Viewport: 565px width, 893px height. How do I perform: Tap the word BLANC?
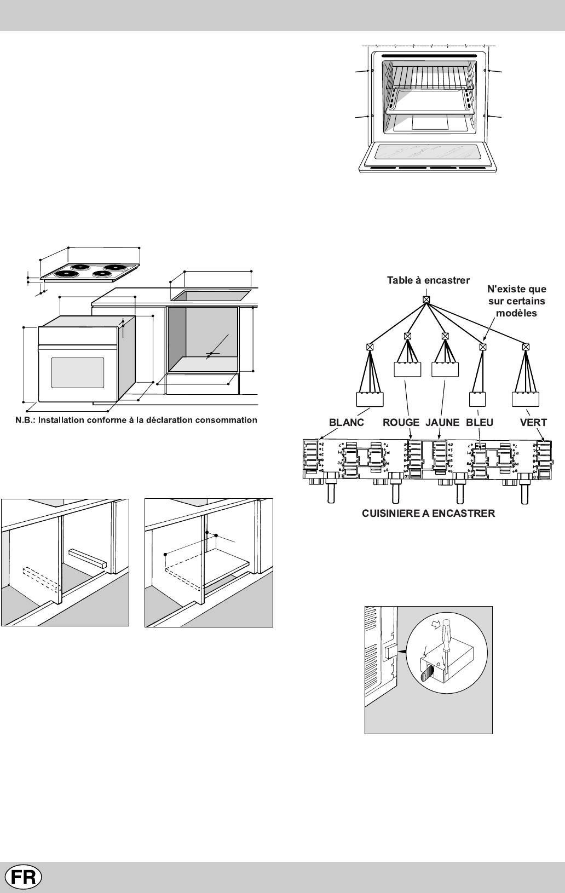coord(346,423)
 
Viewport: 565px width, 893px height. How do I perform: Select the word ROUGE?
coord(401,423)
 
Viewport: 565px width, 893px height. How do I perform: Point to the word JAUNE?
coord(442,423)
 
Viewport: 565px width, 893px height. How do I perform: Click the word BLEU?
coord(480,423)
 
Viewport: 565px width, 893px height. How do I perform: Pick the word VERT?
coord(533,423)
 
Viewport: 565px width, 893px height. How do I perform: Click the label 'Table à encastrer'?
coord(428,280)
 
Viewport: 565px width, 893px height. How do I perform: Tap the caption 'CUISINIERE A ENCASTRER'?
coord(429,513)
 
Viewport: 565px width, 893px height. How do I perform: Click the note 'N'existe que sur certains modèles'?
coord(517,301)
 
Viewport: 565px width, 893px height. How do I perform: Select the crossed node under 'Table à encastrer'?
coord(426,299)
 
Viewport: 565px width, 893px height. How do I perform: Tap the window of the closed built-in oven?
coord(77,372)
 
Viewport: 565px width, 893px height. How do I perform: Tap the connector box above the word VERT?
coord(526,399)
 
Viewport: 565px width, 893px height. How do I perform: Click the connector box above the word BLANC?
coord(370,400)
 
